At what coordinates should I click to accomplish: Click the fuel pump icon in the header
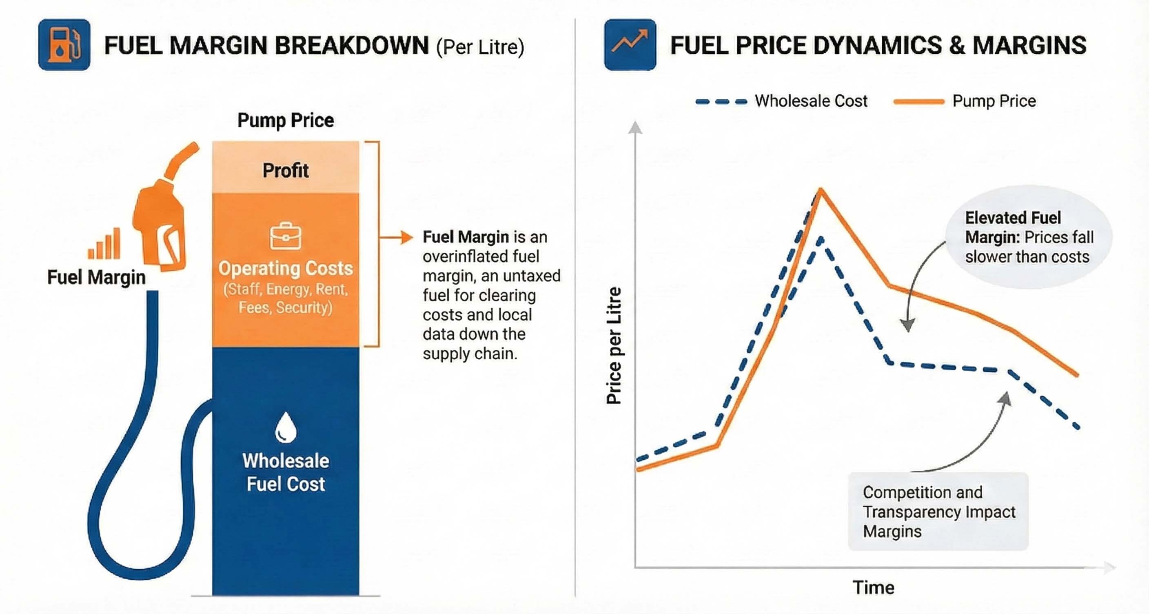pyautogui.click(x=64, y=44)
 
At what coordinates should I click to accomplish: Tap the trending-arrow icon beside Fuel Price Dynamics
pyautogui.click(x=630, y=44)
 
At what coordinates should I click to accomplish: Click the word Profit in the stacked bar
pyautogui.click(x=286, y=171)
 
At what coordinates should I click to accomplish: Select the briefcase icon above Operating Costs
pyautogui.click(x=286, y=236)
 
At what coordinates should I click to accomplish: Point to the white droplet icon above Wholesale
pyautogui.click(x=286, y=427)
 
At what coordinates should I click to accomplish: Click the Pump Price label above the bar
pyautogui.click(x=286, y=120)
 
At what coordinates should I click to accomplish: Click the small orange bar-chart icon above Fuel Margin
pyautogui.click(x=104, y=245)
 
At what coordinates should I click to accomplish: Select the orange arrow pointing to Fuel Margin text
pyautogui.click(x=397, y=237)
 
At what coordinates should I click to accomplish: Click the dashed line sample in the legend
pyautogui.click(x=721, y=102)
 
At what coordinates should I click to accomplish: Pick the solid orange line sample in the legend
pyautogui.click(x=919, y=102)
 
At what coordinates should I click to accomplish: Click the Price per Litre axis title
pyautogui.click(x=614, y=346)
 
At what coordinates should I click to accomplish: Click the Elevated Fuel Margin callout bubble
pyautogui.click(x=1029, y=237)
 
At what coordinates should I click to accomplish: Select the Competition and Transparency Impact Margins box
pyautogui.click(x=938, y=512)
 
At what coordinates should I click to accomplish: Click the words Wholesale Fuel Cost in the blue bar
pyautogui.click(x=286, y=472)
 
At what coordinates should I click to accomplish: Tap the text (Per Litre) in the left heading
pyautogui.click(x=480, y=47)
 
